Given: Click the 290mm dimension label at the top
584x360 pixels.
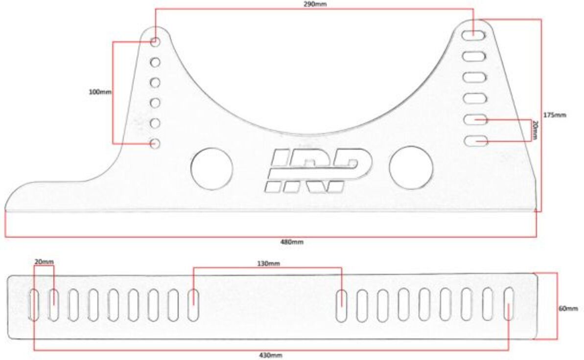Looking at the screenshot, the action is click(315, 4).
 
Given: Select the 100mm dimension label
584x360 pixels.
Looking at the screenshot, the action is click(100, 91).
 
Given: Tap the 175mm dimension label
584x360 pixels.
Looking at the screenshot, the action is click(554, 115).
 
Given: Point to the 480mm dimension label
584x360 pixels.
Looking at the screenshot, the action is click(292, 242).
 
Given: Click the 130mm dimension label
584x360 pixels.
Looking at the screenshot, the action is click(268, 264).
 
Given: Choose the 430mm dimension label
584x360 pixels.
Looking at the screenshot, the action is click(271, 355).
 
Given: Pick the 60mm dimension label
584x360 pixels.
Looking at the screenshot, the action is click(568, 308).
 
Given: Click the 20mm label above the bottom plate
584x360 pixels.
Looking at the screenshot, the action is click(44, 262).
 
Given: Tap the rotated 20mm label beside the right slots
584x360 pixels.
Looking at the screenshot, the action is click(536, 130).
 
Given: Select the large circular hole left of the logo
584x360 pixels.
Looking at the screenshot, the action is click(211, 168).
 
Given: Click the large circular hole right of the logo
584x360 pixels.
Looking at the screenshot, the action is click(411, 168).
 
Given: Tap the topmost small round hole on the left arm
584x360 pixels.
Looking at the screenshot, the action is click(155, 41).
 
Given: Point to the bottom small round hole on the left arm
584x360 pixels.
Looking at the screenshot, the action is click(155, 143).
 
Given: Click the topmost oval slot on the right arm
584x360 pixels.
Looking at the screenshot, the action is click(474, 36).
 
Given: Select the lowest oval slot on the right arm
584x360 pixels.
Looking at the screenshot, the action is click(476, 141).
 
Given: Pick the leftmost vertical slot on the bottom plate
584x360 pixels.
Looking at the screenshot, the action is click(33, 305).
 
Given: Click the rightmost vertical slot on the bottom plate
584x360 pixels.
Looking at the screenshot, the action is click(509, 304).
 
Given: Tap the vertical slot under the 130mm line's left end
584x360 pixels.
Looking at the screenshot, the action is click(193, 305).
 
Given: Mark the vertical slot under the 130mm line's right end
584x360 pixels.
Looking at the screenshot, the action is click(342, 306).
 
